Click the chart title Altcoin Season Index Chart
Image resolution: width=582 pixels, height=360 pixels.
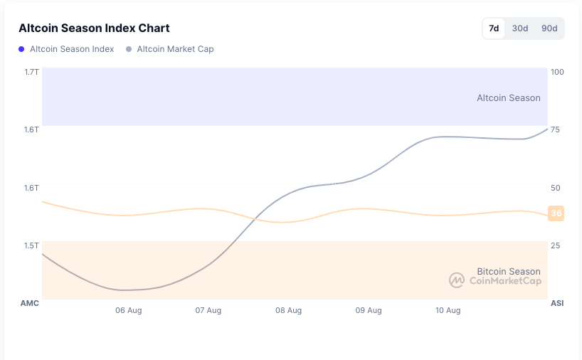coord(94,28)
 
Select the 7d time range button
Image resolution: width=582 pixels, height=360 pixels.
coord(494,28)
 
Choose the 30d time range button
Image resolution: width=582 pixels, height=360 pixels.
coord(520,28)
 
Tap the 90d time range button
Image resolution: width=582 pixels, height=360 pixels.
coord(549,28)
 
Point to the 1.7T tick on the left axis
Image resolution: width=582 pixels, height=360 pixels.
coord(31,72)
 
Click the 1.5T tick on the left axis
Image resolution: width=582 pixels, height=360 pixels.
coord(31,245)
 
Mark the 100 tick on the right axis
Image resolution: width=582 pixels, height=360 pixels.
coord(557,72)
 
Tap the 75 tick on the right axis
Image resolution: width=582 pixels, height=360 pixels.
coord(555,129)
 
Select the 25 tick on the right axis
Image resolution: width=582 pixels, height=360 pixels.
coord(555,245)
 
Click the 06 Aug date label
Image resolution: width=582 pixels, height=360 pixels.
coord(129,310)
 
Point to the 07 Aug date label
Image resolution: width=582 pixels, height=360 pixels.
coord(208,310)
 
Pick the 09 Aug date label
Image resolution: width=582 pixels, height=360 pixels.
coord(369,310)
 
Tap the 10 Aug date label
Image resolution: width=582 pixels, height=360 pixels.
coord(448,310)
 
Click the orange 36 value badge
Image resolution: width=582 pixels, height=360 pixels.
coord(556,213)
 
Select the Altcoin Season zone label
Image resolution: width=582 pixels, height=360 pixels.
coord(508,98)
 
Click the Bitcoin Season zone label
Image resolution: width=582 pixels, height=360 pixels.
coord(508,271)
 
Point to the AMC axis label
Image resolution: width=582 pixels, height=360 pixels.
coord(29,303)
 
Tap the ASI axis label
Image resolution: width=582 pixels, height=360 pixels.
coord(557,303)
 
